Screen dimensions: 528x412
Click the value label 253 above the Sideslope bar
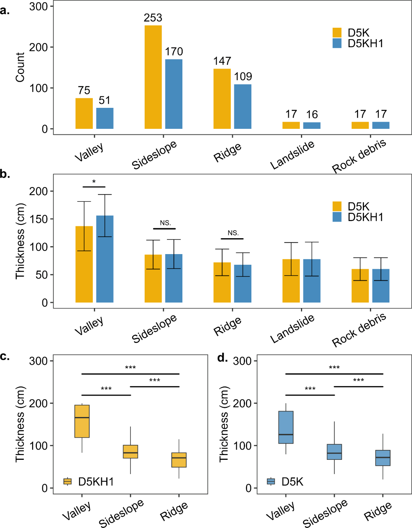tap(153, 18)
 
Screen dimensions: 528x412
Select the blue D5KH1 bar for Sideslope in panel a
tap(174, 94)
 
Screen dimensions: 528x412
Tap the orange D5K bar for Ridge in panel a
tap(222, 99)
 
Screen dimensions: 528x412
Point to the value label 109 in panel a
tap(243, 77)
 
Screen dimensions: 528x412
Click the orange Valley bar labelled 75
tap(84, 113)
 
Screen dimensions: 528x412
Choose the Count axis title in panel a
tap(20, 67)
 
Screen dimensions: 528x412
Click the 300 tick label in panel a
tap(38, 6)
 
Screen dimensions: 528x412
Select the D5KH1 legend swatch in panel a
tap(337, 43)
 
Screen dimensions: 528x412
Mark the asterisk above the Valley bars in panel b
tap(94, 182)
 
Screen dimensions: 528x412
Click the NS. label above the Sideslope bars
tap(165, 223)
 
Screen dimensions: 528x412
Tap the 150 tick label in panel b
tap(38, 219)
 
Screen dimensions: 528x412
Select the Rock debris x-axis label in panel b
tap(359, 330)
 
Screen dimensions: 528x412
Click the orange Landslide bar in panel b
tap(291, 281)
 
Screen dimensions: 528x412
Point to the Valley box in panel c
tap(82, 421)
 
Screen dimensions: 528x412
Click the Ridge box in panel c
tap(179, 460)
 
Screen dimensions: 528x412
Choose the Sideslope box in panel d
tap(334, 452)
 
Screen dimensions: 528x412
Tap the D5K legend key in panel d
tap(271, 481)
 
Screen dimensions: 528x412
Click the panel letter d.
tap(222, 358)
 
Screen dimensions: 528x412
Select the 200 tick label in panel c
tap(38, 404)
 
